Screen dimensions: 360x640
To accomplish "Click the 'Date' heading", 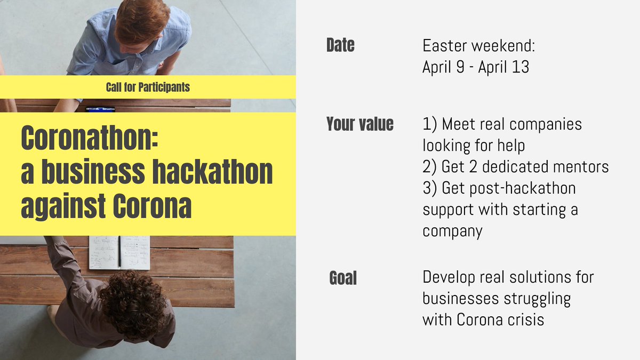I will coord(340,46).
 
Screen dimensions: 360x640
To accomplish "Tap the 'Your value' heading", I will coord(360,124).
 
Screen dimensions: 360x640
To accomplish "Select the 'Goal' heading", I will coord(343,278).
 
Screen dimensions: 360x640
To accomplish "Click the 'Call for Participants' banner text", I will coord(148,87).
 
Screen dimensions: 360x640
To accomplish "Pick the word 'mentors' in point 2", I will coord(581,167).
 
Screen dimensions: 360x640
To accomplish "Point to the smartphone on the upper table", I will coord(100,109).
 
